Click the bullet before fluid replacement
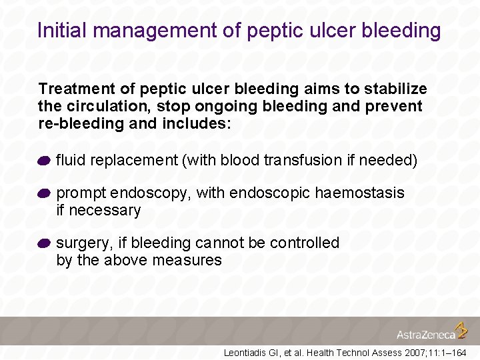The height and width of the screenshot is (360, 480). click(x=44, y=161)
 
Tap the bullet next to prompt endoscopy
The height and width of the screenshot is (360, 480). click(x=44, y=194)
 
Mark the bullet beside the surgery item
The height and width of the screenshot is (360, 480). click(x=44, y=244)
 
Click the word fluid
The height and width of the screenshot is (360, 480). click(x=69, y=161)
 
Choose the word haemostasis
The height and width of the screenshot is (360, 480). click(x=359, y=193)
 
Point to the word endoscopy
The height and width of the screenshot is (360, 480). click(x=151, y=193)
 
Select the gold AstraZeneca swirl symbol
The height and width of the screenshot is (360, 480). click(x=461, y=330)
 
